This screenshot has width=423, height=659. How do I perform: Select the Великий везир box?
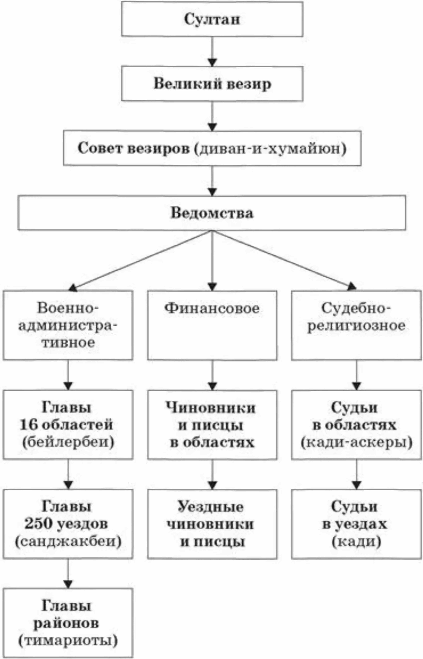pos(212,84)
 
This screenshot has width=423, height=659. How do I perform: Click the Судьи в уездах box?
pos(356,524)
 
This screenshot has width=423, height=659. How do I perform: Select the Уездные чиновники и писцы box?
pos(212,524)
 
